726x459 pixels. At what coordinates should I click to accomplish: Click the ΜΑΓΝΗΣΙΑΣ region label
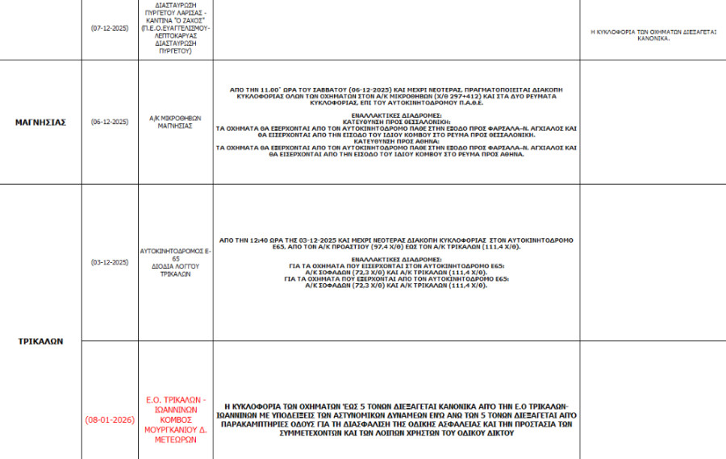[40, 123]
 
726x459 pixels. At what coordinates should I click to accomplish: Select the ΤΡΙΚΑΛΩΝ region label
[40, 341]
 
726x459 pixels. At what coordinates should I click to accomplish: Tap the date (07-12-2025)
[110, 27]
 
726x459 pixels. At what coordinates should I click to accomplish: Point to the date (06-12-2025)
[110, 123]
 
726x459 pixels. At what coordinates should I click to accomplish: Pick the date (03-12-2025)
[110, 262]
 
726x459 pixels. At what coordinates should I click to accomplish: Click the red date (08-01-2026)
[110, 420]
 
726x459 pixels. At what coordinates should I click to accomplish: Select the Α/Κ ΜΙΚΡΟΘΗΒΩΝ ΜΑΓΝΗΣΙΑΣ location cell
[176, 123]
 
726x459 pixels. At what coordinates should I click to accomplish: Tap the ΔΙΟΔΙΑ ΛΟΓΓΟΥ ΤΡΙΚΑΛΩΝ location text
[176, 269]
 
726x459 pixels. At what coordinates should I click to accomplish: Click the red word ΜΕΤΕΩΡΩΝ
[176, 440]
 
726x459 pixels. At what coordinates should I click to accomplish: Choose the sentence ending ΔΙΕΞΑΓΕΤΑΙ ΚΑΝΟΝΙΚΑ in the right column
[653, 34]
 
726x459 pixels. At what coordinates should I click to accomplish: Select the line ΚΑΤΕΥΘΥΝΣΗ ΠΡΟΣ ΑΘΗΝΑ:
[396, 142]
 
